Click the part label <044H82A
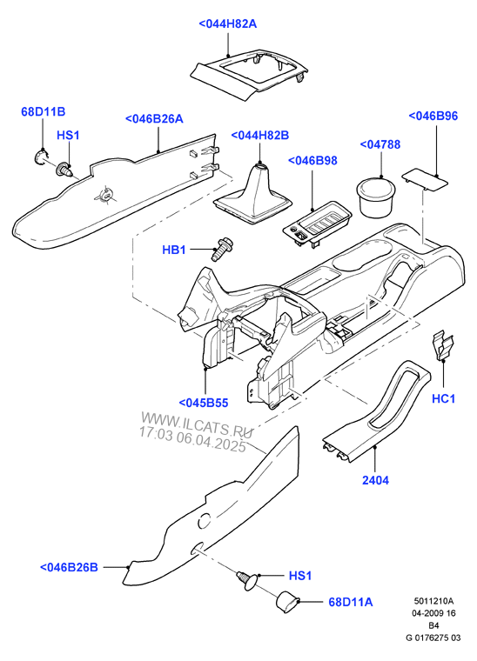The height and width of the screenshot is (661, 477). click(228, 23)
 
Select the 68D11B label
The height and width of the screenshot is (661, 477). click(44, 111)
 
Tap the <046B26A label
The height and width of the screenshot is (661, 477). click(154, 118)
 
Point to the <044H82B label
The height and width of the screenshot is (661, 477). click(259, 136)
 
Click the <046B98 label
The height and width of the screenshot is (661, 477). click(312, 160)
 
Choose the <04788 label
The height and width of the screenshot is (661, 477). click(380, 144)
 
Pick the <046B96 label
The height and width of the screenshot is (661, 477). click(433, 116)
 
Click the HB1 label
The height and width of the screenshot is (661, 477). click(174, 250)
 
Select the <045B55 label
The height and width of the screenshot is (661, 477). click(204, 403)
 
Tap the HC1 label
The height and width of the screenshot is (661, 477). click(443, 398)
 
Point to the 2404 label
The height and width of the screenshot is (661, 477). click(375, 480)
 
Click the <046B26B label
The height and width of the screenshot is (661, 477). click(69, 567)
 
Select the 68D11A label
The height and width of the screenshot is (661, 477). click(351, 602)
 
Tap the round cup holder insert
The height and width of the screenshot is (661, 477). click(375, 197)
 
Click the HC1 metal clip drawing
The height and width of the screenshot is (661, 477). click(442, 345)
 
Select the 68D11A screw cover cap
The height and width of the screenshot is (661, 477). click(287, 601)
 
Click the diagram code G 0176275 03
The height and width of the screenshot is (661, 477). click(433, 638)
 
